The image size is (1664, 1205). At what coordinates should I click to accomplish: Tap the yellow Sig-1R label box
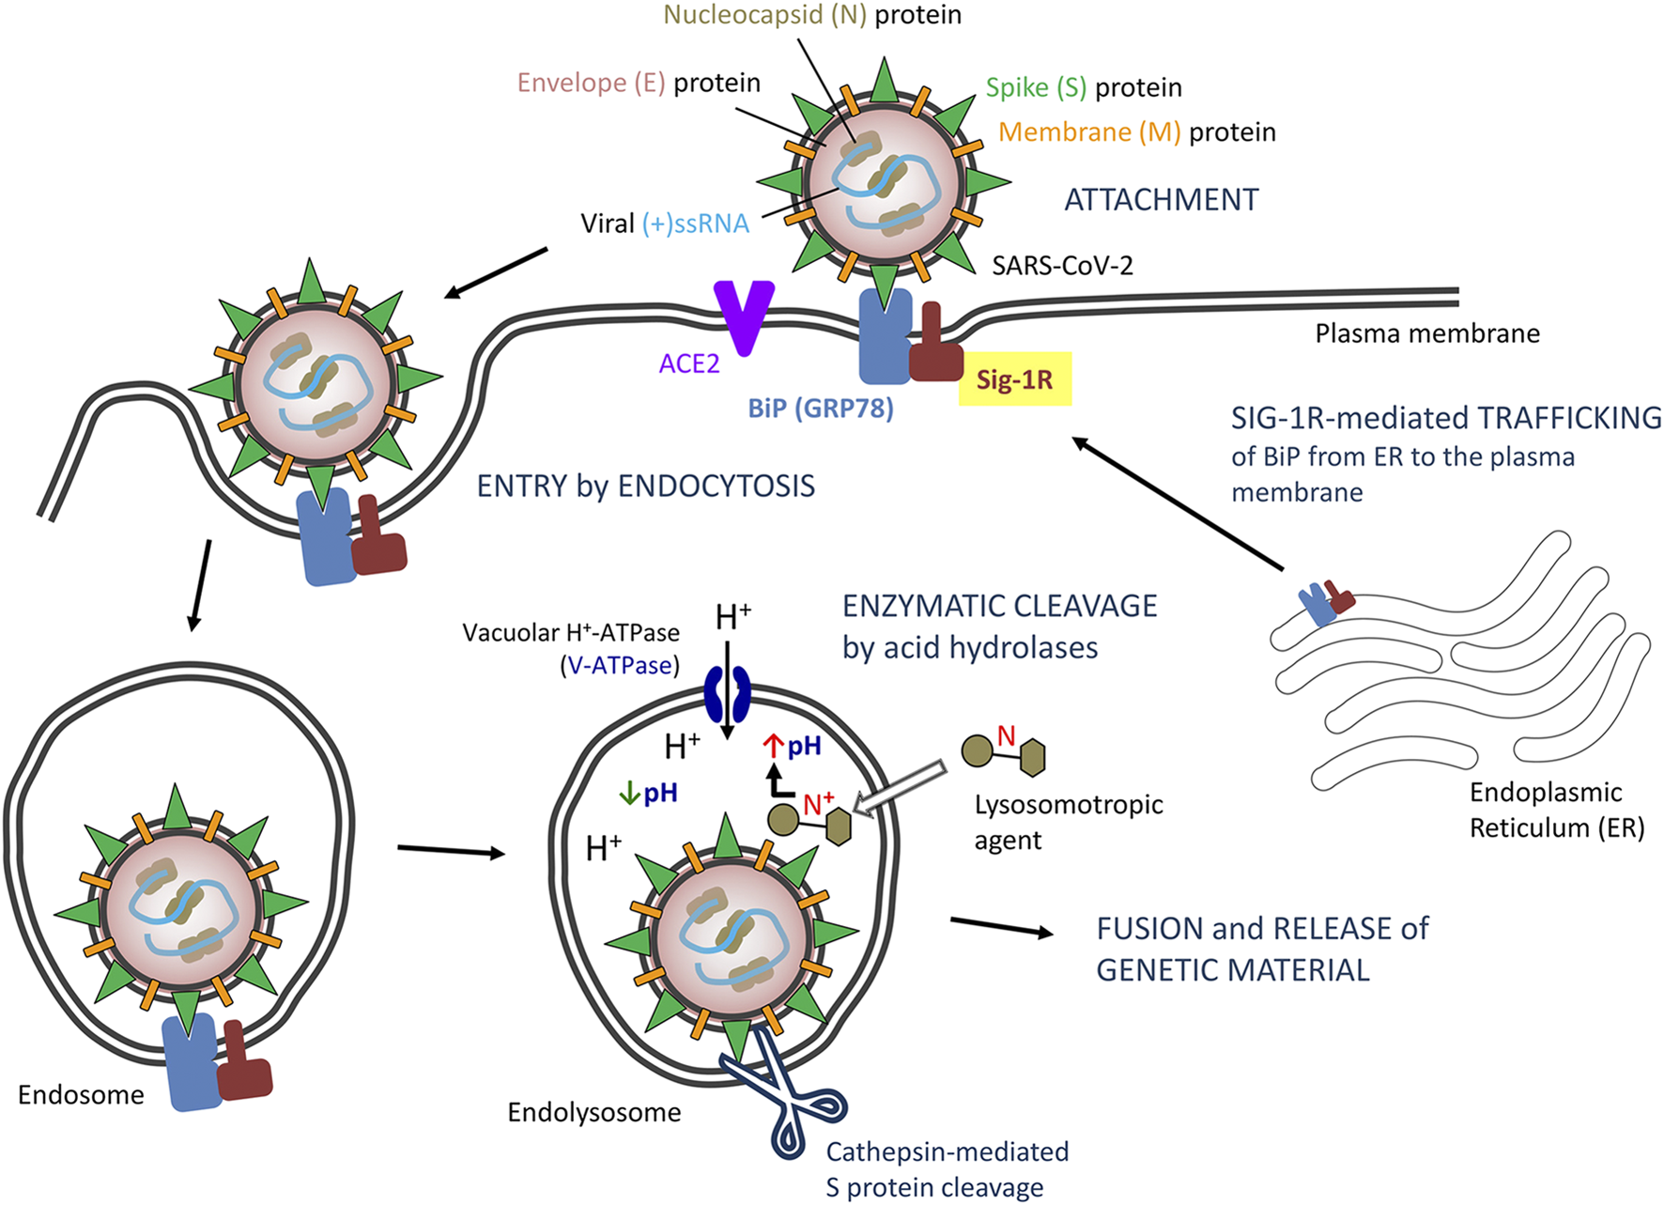(1014, 379)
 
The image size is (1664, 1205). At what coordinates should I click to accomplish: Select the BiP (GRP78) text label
(820, 409)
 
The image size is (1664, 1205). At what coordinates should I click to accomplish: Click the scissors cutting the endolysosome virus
(784, 1094)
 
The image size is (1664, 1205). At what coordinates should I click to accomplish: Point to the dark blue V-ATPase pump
(727, 693)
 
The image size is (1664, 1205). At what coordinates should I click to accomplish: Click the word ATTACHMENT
(1161, 200)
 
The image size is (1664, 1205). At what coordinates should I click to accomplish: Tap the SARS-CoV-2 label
(1062, 266)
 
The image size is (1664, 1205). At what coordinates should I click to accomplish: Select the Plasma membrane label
(1426, 333)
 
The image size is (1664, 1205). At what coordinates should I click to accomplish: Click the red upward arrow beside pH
(773, 747)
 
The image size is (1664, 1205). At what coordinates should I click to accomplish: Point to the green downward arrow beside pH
(628, 795)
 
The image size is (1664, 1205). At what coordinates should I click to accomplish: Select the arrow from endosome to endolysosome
(451, 851)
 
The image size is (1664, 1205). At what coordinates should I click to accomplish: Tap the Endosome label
(81, 1095)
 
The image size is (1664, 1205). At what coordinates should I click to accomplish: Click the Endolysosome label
(593, 1113)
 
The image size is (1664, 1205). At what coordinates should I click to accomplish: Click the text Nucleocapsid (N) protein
(812, 15)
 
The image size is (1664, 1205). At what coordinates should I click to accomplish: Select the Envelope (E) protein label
(639, 83)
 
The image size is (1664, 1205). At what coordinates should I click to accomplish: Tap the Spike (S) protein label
(1083, 87)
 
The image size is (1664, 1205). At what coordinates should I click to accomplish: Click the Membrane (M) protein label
(1136, 132)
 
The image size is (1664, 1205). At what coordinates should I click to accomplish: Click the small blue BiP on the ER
(1317, 605)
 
